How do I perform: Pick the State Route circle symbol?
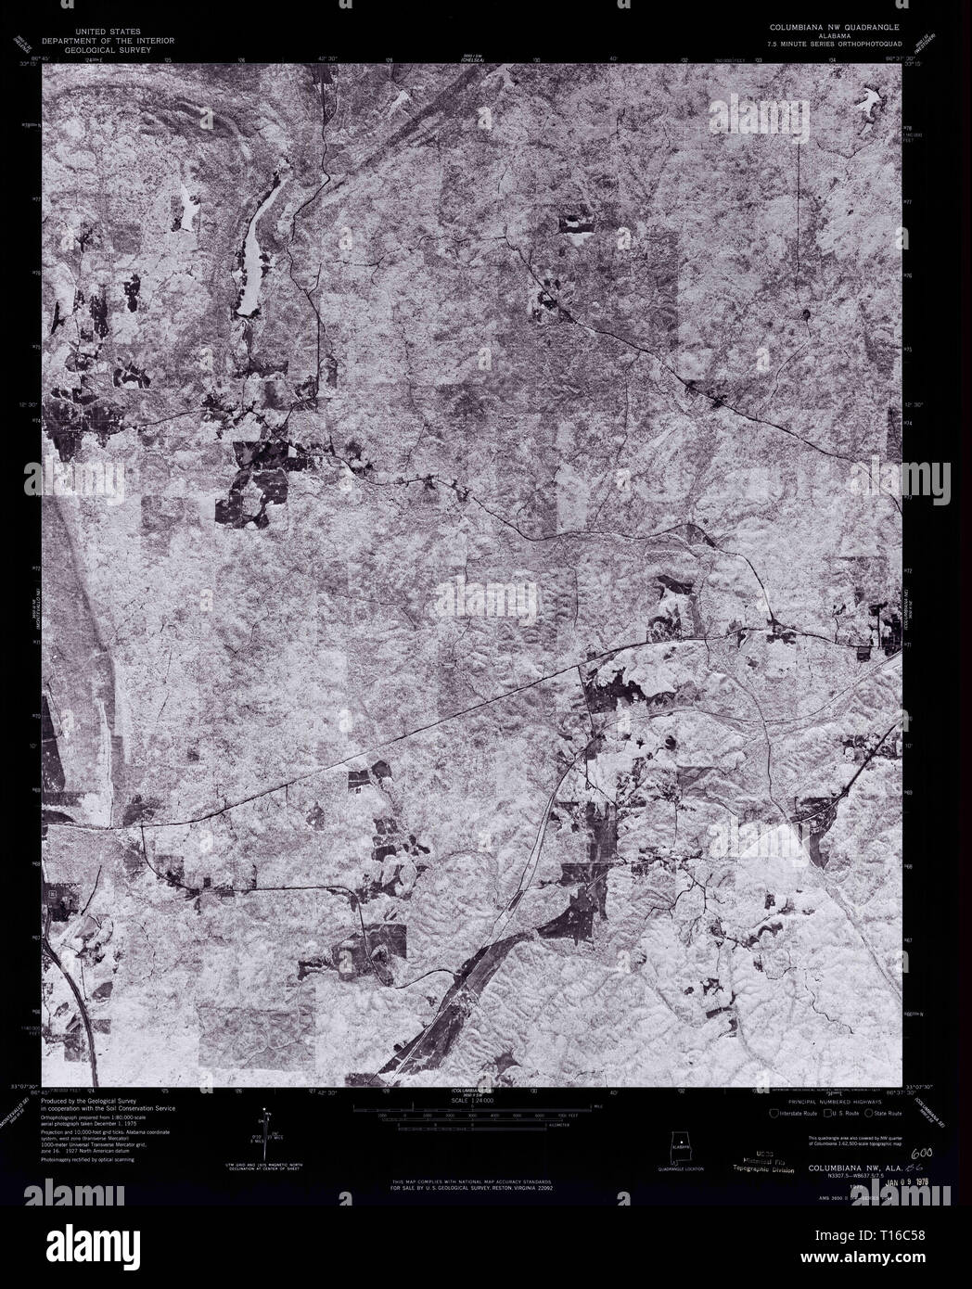pyautogui.click(x=869, y=1113)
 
